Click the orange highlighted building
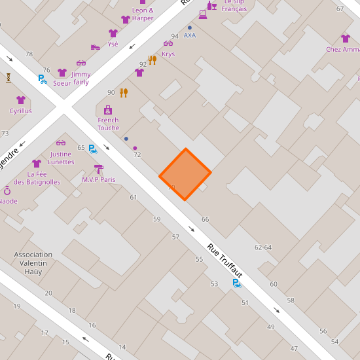185,174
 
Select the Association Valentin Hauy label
33,263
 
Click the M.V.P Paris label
98,179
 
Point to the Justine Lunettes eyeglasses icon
61,143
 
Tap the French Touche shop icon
108,110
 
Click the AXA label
190,35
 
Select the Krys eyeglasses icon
168,43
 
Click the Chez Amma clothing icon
346,39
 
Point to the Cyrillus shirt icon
20,100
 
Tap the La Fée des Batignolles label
37,178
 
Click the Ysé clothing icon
113,33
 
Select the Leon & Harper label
143,14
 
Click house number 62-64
263,247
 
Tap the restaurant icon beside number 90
123,92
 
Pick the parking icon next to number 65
93,149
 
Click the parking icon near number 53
236,283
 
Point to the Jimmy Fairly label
81,79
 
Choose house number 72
137,155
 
